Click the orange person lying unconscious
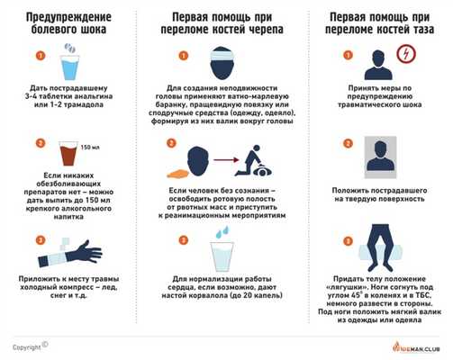[x=185, y=168]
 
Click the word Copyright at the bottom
[x=27, y=346]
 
